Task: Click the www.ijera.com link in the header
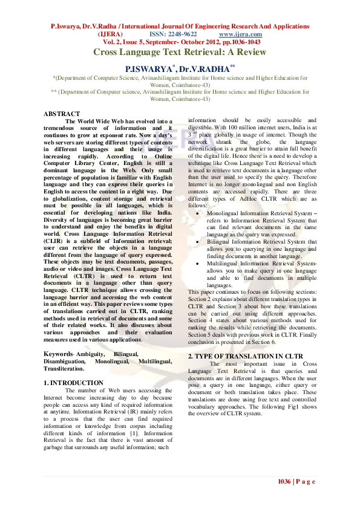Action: click(244, 35)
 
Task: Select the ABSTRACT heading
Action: click(62, 114)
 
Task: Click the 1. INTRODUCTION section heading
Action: click(74, 383)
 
